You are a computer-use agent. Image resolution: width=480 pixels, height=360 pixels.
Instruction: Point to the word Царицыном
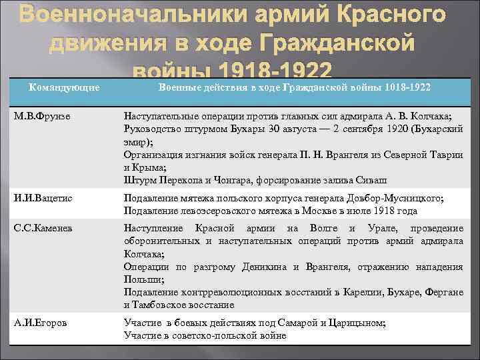[357, 323]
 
